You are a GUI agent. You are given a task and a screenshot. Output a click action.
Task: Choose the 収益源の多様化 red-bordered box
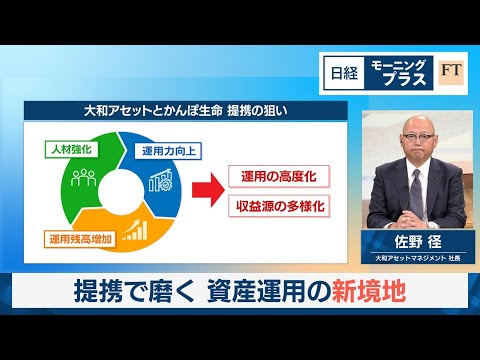point(274,207)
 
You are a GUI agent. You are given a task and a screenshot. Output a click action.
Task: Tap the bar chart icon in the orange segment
point(134,231)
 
